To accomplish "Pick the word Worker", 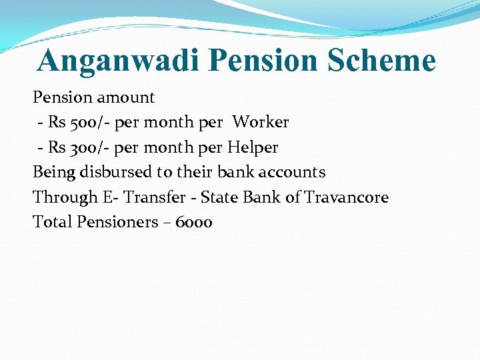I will tap(261, 123).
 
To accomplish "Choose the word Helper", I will tap(253, 147).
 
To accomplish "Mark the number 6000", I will tap(194, 222).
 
